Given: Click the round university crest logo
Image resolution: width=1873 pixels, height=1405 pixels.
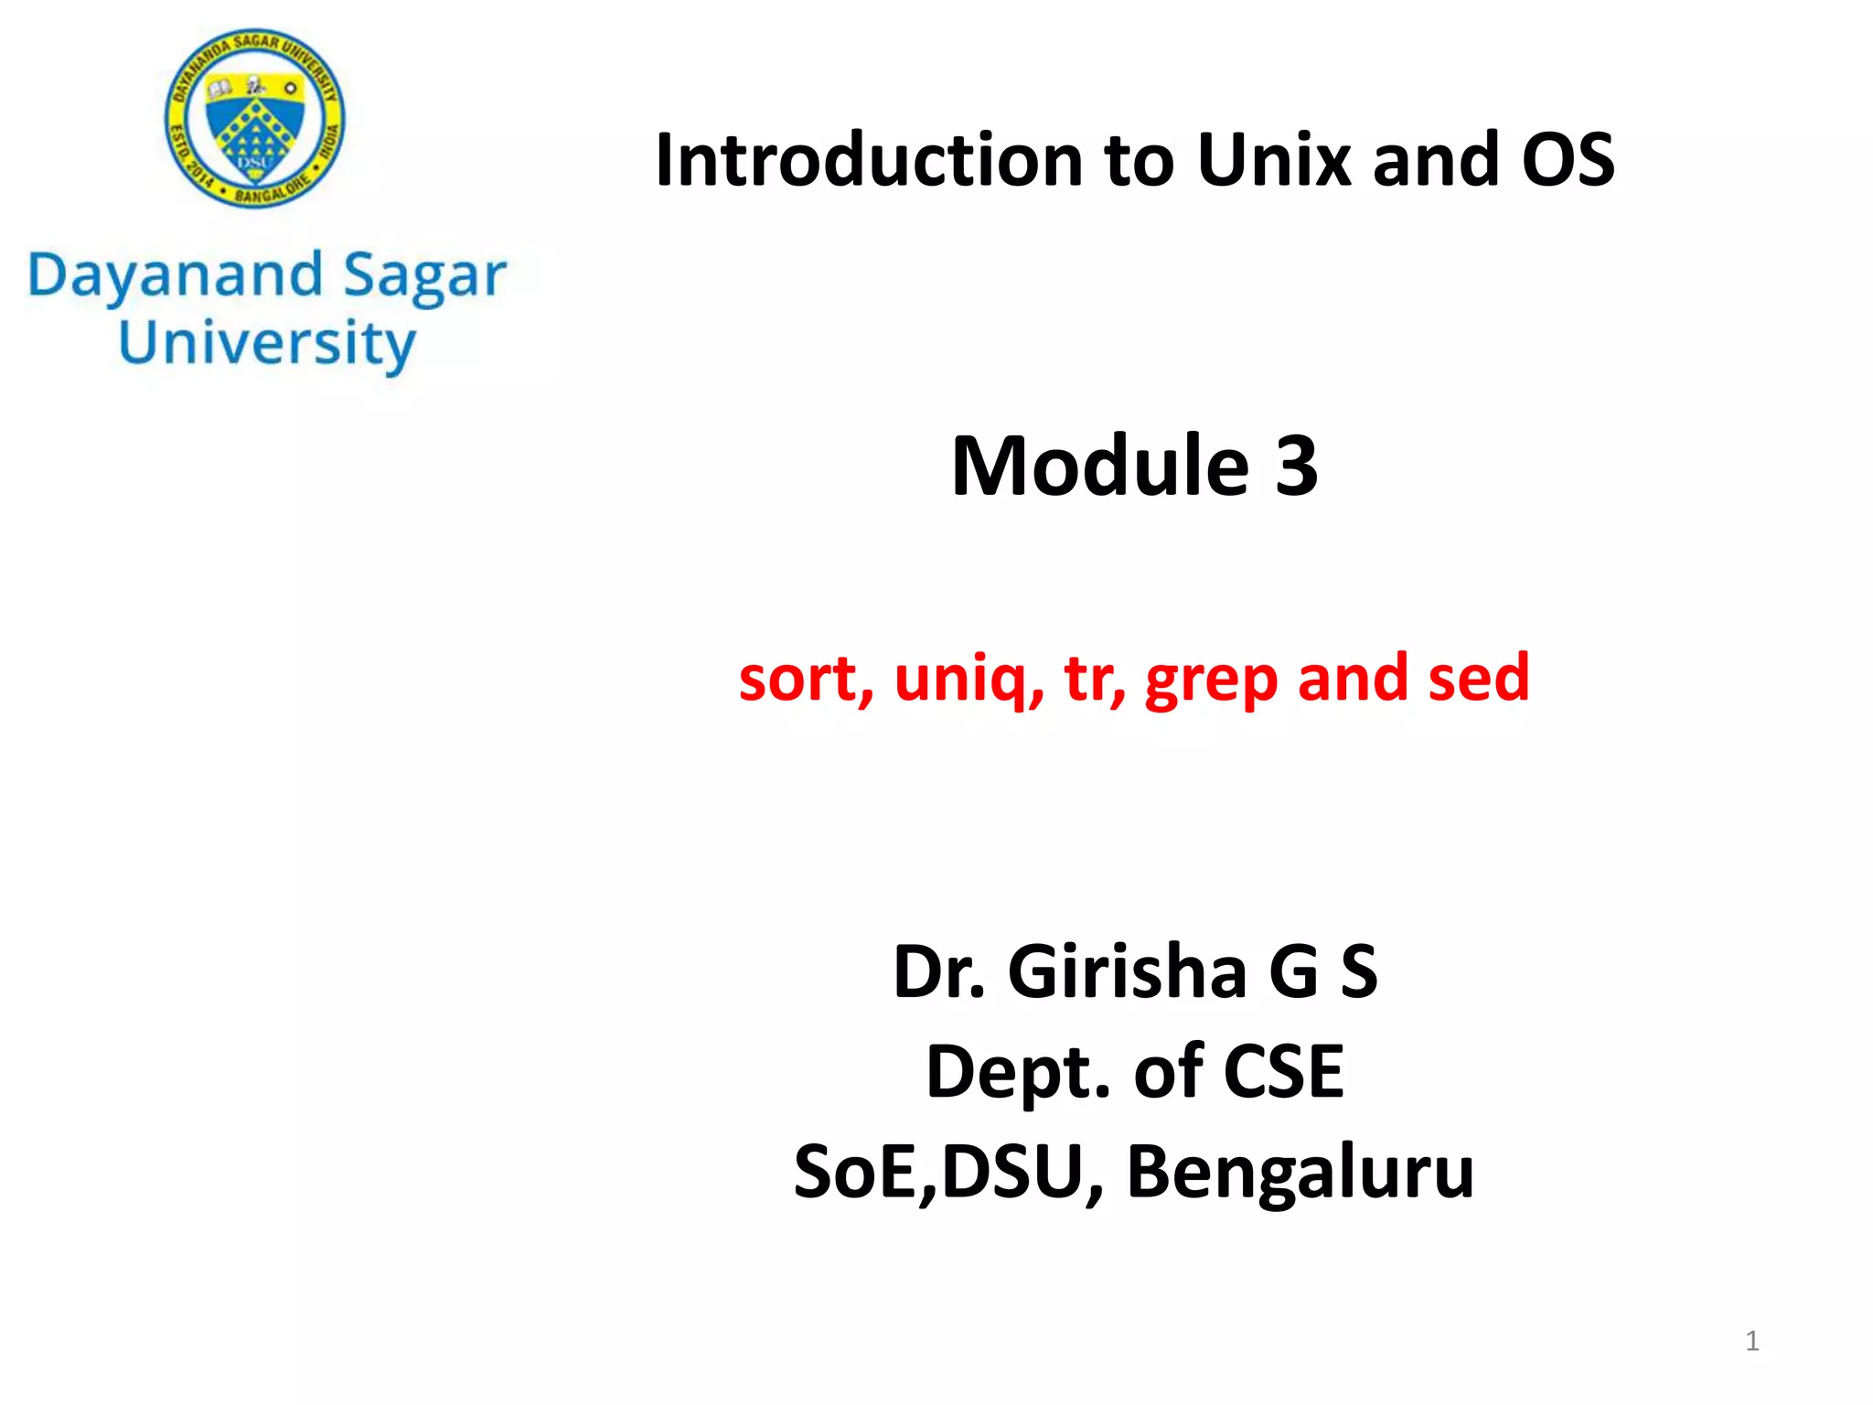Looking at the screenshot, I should (255, 117).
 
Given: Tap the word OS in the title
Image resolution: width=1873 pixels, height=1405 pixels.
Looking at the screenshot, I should (1568, 160).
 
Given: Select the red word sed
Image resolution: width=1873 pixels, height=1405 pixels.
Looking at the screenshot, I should (1479, 679).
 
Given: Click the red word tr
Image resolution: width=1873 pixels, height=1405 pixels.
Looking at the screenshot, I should (1088, 679).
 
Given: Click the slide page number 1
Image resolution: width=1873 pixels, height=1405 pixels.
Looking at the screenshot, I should (1751, 1341).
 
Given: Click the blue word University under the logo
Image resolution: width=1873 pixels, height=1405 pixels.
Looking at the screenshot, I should (267, 344).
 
